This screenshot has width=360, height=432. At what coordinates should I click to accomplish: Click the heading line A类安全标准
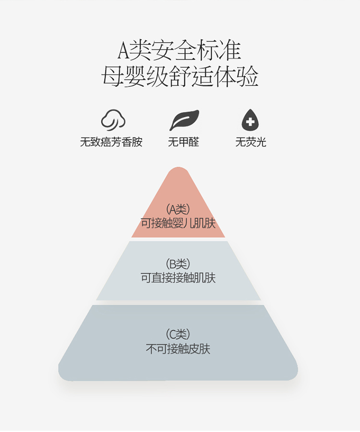[x=180, y=51]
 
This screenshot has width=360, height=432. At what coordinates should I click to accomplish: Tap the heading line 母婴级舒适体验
[x=180, y=76]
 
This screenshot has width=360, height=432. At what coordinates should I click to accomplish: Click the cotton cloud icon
[x=113, y=120]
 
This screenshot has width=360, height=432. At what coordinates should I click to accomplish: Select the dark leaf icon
[x=184, y=120]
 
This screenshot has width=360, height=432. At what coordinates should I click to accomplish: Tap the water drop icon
[x=250, y=120]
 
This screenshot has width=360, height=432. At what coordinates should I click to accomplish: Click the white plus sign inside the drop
[x=250, y=121]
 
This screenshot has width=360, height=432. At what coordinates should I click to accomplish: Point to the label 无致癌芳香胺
[x=111, y=142]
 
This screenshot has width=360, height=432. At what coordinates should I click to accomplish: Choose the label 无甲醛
[x=183, y=142]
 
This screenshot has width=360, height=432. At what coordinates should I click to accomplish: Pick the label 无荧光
[x=251, y=142]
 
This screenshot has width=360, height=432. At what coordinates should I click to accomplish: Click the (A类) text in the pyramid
[x=178, y=209]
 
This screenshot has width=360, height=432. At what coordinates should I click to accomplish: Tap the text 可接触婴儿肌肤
[x=178, y=223]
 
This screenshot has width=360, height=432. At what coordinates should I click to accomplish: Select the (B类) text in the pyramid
[x=178, y=264]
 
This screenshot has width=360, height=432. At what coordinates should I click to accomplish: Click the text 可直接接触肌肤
[x=178, y=278]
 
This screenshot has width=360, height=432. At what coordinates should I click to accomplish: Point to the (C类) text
[x=178, y=335]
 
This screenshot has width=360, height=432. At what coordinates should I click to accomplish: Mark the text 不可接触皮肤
[x=178, y=349]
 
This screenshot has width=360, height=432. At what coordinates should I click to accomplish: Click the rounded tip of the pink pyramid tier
[x=178, y=168]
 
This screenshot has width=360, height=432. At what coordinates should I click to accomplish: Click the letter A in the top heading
[x=123, y=51]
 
